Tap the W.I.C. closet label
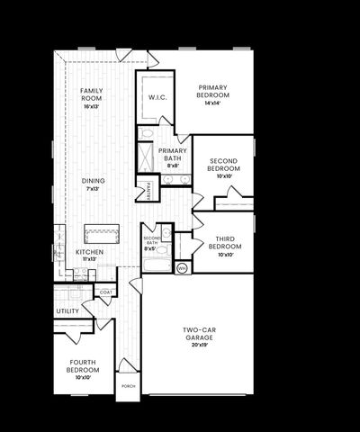pyautogui.click(x=155, y=97)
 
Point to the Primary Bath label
pyautogui.click(x=172, y=155)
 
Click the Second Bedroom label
pyautogui.click(x=224, y=166)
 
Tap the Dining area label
pyautogui.click(x=94, y=181)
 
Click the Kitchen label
pyautogui.click(x=89, y=252)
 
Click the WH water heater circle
pyautogui.click(x=181, y=268)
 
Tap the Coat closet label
pyautogui.click(x=105, y=292)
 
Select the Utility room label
pyautogui.click(x=67, y=311)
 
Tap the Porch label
pyautogui.click(x=129, y=388)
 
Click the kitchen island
pyautogui.click(x=103, y=233)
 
